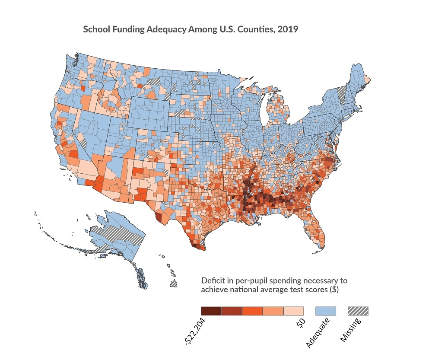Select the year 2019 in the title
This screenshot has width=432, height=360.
tap(289, 31)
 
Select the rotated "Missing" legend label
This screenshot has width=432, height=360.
tap(351, 331)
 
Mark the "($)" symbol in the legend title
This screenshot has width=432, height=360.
tap(334, 290)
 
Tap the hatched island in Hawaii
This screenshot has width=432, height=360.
tap(173, 284)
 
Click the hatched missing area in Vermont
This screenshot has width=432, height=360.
tap(341, 94)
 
